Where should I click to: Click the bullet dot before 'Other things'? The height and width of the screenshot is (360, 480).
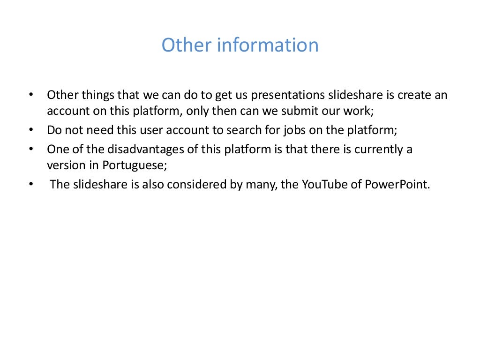[31, 95]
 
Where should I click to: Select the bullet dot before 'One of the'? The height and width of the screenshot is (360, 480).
[31, 150]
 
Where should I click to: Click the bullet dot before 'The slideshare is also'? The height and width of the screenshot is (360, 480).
[31, 184]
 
